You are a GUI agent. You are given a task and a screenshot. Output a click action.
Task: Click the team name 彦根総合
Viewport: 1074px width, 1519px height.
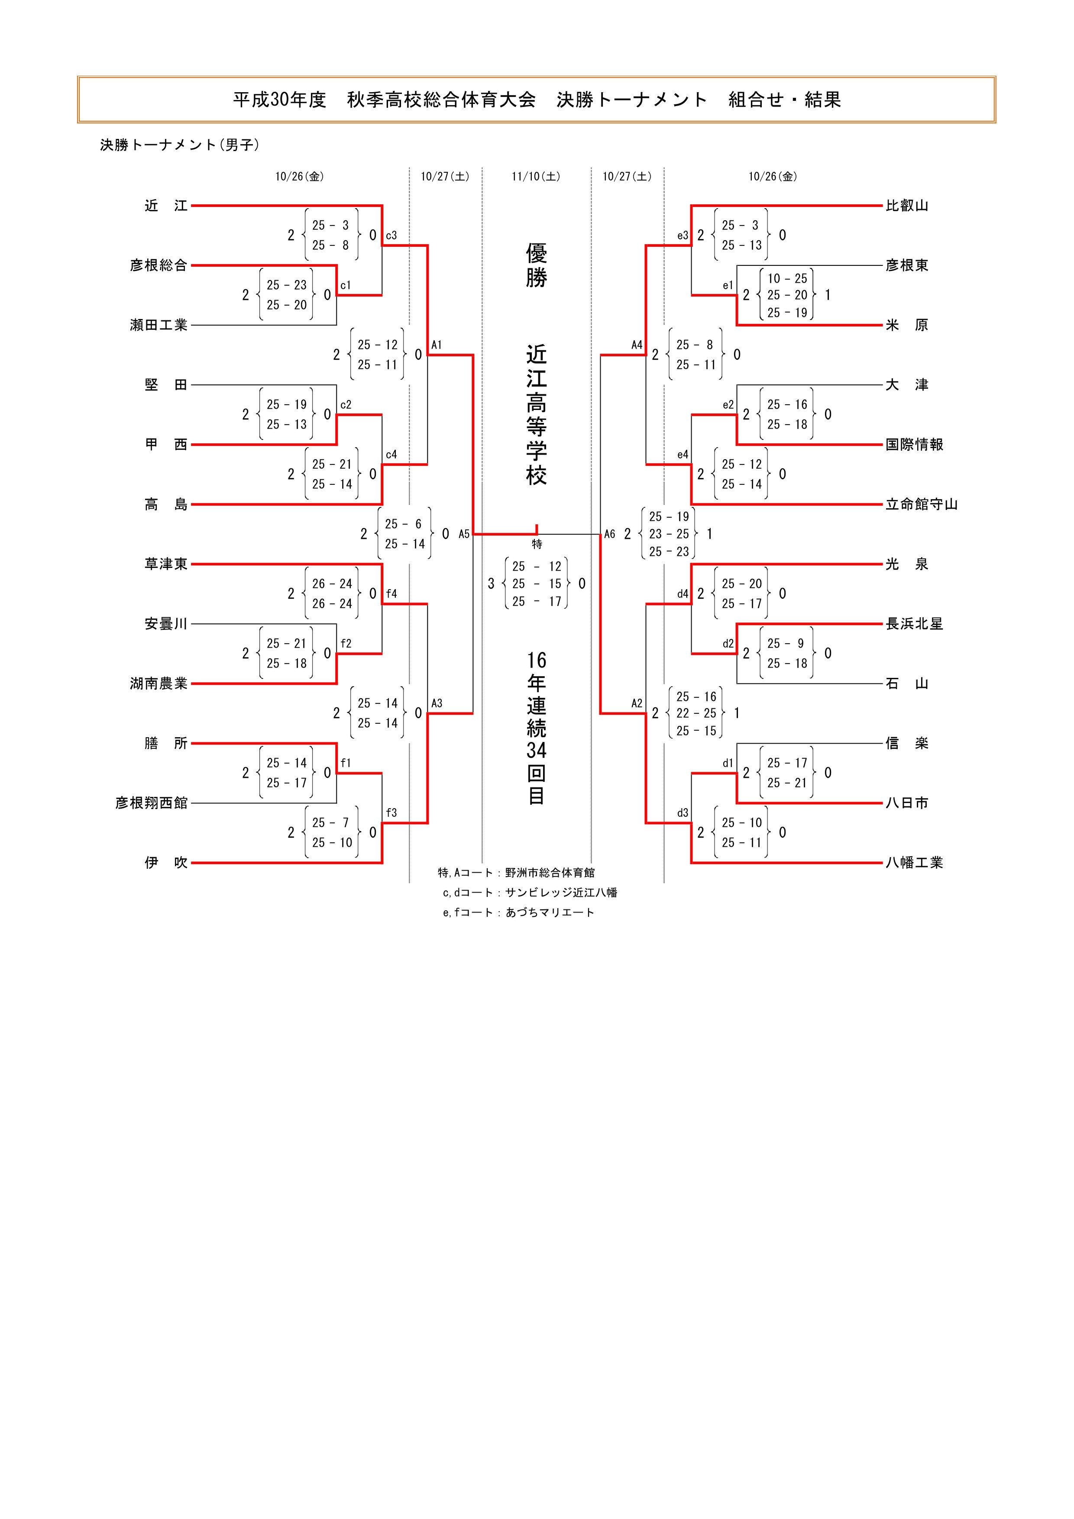click(159, 265)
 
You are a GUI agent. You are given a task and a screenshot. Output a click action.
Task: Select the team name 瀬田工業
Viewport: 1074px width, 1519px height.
click(159, 325)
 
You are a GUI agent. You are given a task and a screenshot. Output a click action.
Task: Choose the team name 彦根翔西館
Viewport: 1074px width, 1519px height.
click(152, 803)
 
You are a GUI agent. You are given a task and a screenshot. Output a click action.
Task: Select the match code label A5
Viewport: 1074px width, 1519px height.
click(464, 534)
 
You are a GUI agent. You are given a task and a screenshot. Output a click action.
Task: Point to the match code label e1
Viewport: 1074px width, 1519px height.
click(728, 286)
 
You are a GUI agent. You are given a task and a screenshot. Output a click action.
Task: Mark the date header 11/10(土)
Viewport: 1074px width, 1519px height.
click(536, 177)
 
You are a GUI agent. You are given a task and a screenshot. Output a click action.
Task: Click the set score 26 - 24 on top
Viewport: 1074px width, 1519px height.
click(332, 584)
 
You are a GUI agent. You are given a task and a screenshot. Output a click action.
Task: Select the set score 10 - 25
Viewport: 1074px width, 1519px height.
click(787, 278)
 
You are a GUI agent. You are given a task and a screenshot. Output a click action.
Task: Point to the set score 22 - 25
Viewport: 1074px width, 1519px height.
click(696, 713)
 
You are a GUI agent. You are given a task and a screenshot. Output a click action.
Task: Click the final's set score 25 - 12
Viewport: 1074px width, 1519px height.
click(537, 566)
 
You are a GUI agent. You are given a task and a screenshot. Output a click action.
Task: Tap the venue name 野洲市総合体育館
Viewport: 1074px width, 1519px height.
click(550, 873)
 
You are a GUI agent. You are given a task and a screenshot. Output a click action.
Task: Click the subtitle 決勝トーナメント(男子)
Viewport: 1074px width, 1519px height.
click(179, 145)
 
